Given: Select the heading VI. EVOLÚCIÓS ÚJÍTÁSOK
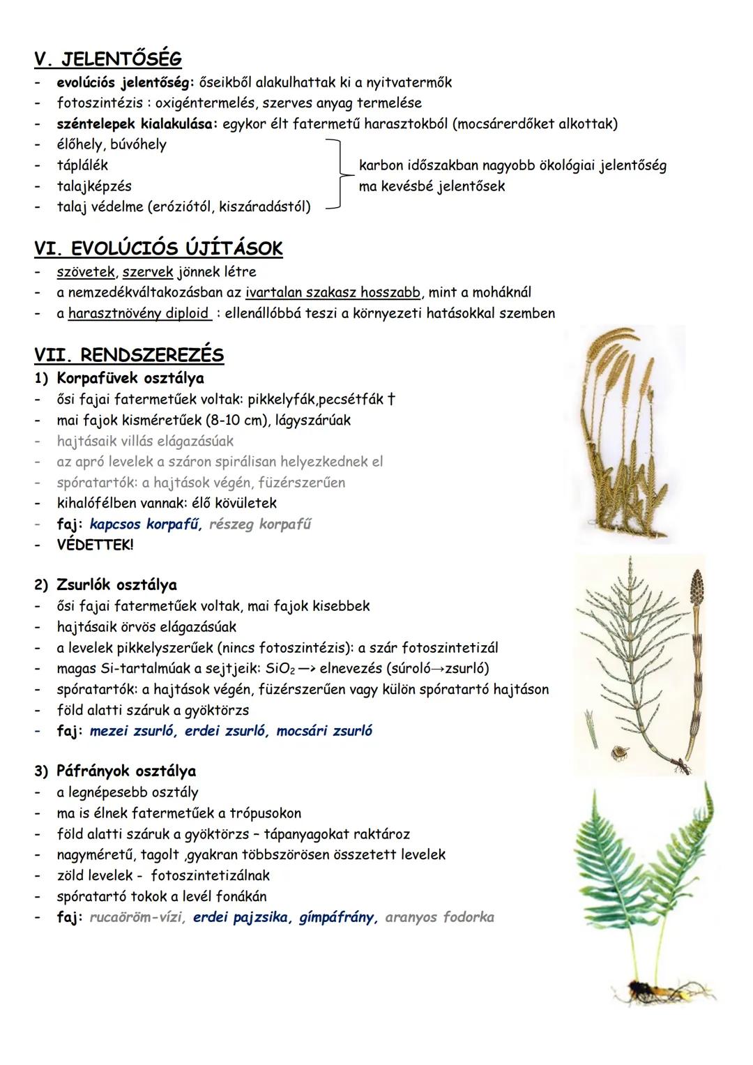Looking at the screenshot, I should click(x=158, y=248).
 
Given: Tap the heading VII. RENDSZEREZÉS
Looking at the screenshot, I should click(x=129, y=355).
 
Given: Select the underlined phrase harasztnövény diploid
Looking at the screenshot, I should click(x=139, y=313).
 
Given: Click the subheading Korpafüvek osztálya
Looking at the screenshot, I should click(x=130, y=379).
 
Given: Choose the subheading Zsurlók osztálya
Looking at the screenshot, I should click(x=116, y=585).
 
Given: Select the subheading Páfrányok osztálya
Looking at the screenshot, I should click(x=126, y=771).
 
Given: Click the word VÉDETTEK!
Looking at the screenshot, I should click(x=95, y=545).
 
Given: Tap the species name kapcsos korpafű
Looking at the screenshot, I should click(x=145, y=524).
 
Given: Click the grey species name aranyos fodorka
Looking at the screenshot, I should click(x=439, y=918).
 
